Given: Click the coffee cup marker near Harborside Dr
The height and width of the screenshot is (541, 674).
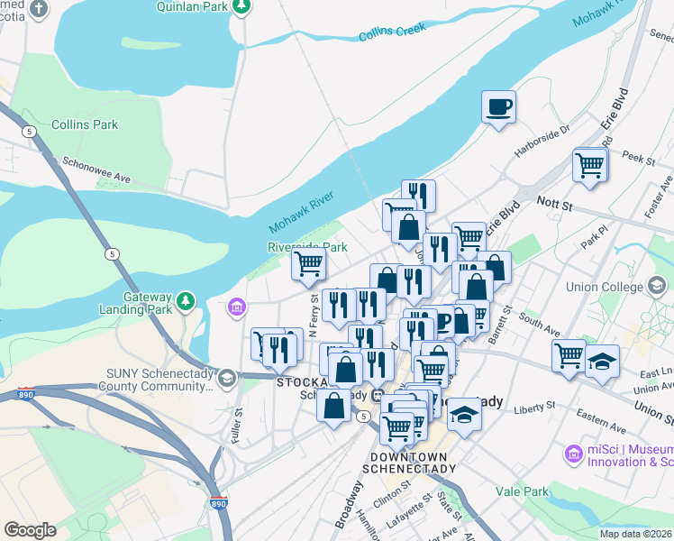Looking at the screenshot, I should tap(499, 108).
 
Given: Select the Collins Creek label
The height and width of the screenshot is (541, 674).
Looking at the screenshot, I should tap(392, 34).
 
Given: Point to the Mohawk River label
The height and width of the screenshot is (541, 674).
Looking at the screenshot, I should tap(305, 217).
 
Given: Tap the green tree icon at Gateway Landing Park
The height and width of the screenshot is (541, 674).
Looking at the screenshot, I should tap(187, 299).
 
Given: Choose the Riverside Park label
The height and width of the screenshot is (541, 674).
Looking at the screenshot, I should tap(307, 246).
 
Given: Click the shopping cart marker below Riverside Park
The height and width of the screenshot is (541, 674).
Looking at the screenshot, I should tap(309, 265).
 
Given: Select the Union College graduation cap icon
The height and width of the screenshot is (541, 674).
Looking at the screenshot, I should tap(659, 288).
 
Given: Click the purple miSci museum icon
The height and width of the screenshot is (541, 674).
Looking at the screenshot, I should tap(573, 454).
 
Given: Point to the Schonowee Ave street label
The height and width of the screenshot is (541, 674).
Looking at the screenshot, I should tap(96, 171).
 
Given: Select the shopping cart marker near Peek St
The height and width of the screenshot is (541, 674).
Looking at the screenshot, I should tap(589, 165).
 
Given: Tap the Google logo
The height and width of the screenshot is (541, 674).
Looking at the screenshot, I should tap(30, 530).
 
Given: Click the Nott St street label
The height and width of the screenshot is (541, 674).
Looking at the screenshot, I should tap(555, 204).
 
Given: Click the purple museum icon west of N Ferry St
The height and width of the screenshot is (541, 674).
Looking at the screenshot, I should tap(237, 308).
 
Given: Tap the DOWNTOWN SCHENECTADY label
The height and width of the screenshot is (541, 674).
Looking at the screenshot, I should tap(409, 463).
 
